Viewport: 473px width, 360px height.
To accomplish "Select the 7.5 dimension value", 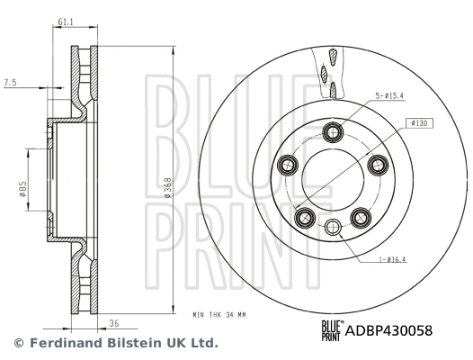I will pos(11,82).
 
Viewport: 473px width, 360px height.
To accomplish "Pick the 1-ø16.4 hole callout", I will pos(391,261).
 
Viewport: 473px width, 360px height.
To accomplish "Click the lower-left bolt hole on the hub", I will pos(306,216).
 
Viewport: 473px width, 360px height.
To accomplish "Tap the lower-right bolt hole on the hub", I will pos(361,216).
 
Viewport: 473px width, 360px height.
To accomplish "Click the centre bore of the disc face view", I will pos(334,180).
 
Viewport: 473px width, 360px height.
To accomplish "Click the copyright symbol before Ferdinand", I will pos(18,343).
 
